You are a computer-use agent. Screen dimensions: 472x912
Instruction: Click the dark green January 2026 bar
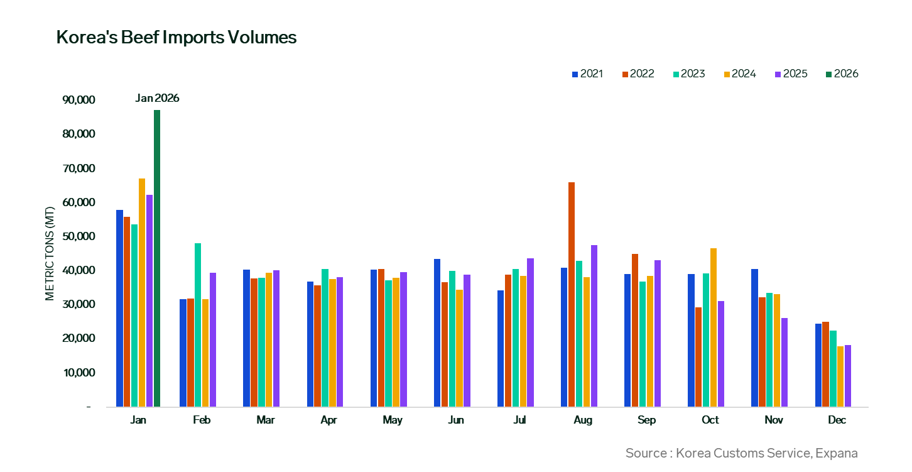point(157,258)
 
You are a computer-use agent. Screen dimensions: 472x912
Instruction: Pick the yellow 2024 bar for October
point(714,327)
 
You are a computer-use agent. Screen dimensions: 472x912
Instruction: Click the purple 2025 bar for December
point(848,376)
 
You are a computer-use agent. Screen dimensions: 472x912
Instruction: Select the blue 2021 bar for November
point(754,338)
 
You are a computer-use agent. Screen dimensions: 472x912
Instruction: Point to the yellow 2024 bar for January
point(142,292)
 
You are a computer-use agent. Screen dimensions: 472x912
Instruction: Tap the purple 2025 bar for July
point(530,332)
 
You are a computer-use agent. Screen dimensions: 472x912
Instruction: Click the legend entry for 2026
point(842,74)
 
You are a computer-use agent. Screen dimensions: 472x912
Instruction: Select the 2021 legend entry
point(587,74)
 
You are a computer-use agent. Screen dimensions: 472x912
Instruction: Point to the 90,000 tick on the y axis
point(79,100)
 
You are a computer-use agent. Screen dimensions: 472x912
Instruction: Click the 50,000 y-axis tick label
point(79,236)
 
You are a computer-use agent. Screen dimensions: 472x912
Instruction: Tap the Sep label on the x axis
point(646,420)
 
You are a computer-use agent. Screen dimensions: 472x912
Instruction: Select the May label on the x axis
point(393,420)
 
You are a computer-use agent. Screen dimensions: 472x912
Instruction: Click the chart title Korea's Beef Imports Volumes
point(176,37)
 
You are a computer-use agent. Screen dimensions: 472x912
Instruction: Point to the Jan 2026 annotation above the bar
point(157,98)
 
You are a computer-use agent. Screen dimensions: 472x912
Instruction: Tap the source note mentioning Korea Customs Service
point(741,453)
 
